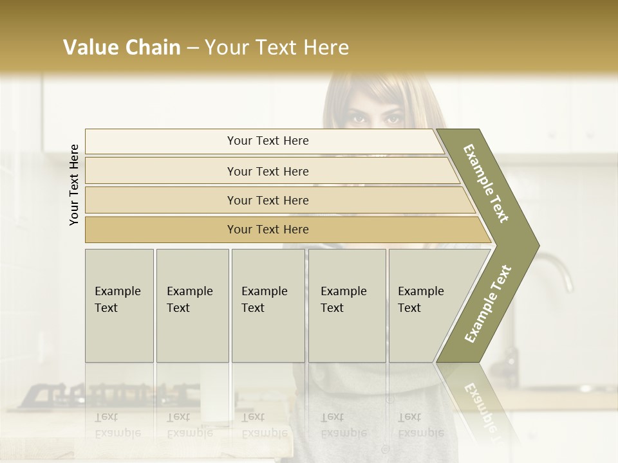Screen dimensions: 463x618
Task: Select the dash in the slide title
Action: (192, 48)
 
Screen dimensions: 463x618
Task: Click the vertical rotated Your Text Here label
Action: (74, 185)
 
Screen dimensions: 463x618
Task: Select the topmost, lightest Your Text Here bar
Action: (267, 141)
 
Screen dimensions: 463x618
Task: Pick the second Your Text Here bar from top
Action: (267, 171)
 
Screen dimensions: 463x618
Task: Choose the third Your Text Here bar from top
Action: (267, 200)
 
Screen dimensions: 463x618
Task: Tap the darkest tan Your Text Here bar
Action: (267, 230)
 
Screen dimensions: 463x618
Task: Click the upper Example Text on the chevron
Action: (486, 183)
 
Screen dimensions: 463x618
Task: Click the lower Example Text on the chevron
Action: (487, 304)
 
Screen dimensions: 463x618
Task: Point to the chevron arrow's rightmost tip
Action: (538, 246)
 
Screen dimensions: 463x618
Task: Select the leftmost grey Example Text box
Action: (119, 305)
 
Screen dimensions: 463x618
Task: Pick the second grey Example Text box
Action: (192, 305)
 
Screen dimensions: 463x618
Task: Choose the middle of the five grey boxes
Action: (268, 305)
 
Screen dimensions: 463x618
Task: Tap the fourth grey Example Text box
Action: (346, 305)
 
